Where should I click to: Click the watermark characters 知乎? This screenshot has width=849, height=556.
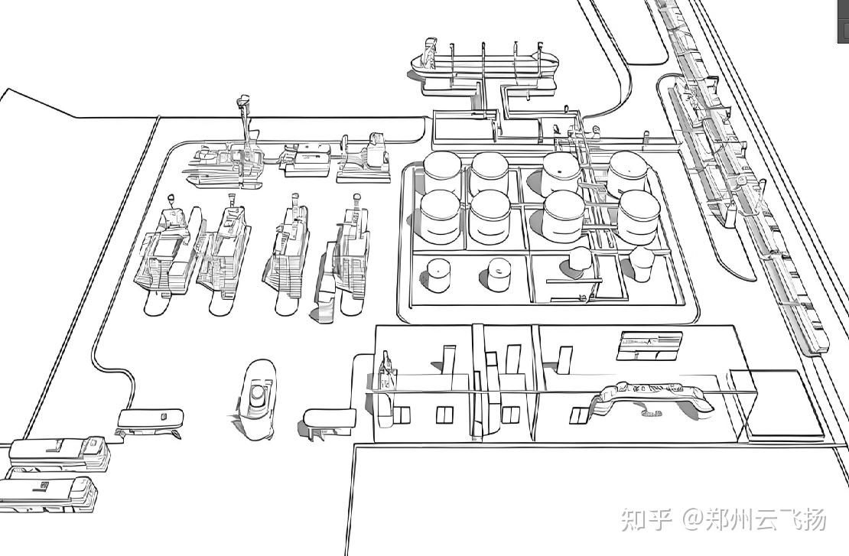coord(646,520)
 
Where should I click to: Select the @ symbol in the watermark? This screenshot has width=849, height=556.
coord(692,521)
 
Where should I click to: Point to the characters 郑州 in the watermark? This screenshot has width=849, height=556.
coord(730,520)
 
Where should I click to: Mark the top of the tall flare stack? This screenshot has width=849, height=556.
coord(244,100)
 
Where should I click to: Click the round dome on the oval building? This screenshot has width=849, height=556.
coord(258,395)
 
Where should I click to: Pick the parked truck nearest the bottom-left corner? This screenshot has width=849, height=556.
coord(50,493)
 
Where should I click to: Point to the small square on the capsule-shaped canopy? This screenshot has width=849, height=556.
coord(164,416)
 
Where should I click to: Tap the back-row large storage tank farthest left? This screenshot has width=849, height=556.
coord(443,171)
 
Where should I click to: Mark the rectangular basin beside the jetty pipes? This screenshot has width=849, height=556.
coord(465,129)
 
